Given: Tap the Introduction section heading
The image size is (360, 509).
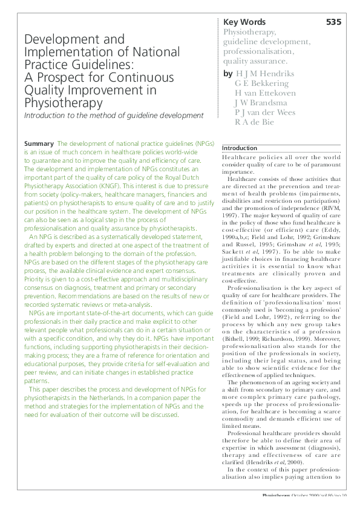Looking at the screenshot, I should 240,148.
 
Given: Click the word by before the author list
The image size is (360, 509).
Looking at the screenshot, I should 227,74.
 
